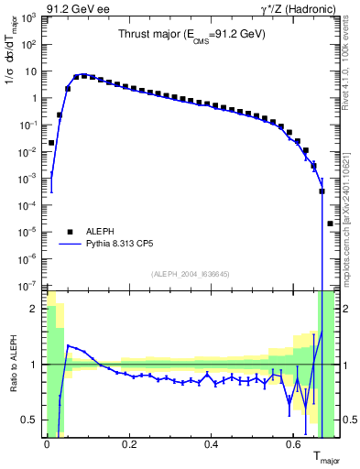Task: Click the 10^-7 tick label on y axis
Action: pyautogui.click(x=29, y=287)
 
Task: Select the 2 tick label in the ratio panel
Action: pyautogui.click(x=36, y=309)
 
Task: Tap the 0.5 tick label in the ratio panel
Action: pyautogui.click(x=32, y=420)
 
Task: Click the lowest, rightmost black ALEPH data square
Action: pyautogui.click(x=330, y=224)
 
